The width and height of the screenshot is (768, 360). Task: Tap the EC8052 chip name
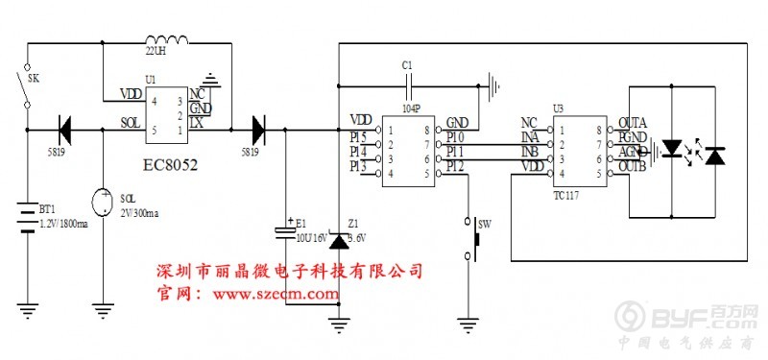(170, 165)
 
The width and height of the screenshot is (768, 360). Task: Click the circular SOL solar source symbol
(102, 203)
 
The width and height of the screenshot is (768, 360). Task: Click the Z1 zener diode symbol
(337, 238)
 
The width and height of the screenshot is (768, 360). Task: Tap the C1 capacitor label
(407, 64)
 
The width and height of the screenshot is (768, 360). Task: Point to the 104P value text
(410, 110)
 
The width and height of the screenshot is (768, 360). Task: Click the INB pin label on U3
(528, 152)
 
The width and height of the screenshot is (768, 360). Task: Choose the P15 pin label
(359, 136)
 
